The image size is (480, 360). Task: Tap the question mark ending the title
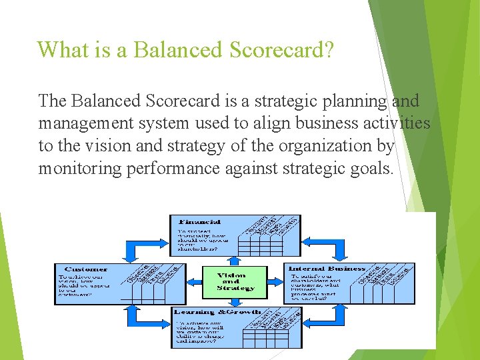coord(328,49)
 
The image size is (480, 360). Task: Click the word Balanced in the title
coord(169,49)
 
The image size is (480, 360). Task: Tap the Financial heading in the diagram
coord(199,221)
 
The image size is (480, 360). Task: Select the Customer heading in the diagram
coord(86,269)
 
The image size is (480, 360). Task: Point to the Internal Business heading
coord(326,269)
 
